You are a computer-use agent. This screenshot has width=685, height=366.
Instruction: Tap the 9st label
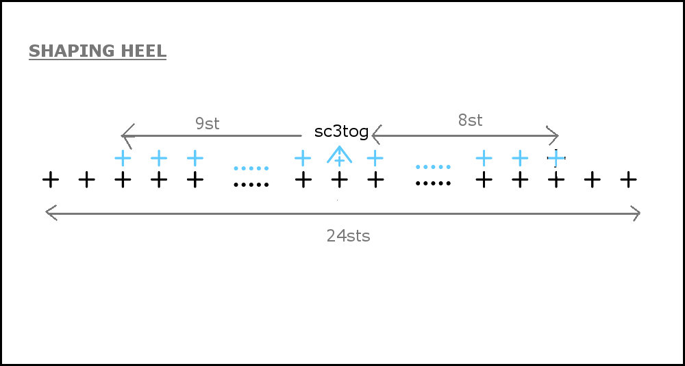(x=207, y=124)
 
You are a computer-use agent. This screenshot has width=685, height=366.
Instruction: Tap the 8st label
(x=470, y=120)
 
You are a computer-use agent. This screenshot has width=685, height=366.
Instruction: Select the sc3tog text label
(x=342, y=132)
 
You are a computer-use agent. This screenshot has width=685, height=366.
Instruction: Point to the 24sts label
(x=348, y=236)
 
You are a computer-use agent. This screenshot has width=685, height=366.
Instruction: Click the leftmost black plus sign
(x=51, y=180)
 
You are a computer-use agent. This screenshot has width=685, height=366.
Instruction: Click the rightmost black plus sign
(x=628, y=180)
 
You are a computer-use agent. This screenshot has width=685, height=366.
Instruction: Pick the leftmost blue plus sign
(x=123, y=158)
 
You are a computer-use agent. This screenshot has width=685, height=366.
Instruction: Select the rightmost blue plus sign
(x=556, y=158)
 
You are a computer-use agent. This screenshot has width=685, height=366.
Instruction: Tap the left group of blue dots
(x=251, y=168)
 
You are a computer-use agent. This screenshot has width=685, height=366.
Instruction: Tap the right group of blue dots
(x=433, y=167)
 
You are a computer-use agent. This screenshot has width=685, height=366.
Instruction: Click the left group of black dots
(x=251, y=185)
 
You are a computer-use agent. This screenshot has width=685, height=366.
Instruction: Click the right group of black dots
(x=433, y=183)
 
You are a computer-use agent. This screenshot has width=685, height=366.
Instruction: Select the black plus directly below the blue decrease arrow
(x=340, y=180)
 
